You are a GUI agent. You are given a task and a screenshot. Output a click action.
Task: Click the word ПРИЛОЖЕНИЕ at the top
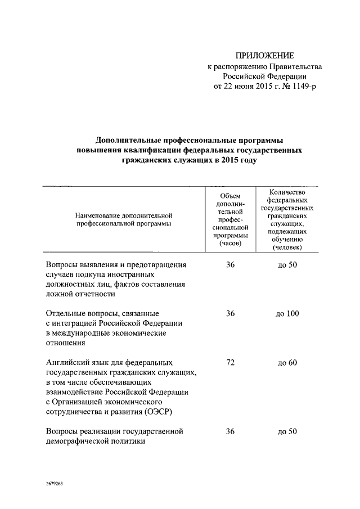tap(264, 56)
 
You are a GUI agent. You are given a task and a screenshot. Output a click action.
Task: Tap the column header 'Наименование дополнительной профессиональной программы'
tap(122, 219)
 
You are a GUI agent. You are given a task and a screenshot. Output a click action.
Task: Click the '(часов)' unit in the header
tap(230, 244)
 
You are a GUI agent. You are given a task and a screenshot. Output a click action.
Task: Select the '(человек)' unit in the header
tap(287, 247)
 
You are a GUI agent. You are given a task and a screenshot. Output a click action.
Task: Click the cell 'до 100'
tap(287, 314)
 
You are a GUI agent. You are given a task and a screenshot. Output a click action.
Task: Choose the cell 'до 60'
tap(287, 363)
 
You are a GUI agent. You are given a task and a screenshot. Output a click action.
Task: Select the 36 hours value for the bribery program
tap(230, 264)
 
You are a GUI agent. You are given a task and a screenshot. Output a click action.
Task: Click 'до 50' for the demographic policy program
tap(287, 432)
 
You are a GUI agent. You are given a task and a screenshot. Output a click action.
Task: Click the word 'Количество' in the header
tap(287, 192)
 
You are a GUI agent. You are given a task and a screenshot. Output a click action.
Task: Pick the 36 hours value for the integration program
tap(230, 313)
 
